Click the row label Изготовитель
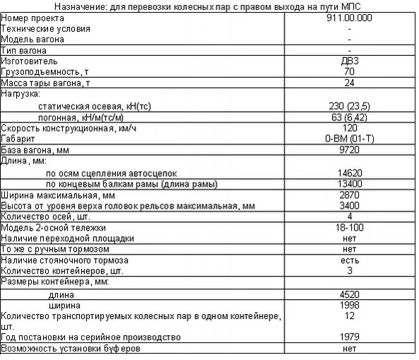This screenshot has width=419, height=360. (x=25, y=61)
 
